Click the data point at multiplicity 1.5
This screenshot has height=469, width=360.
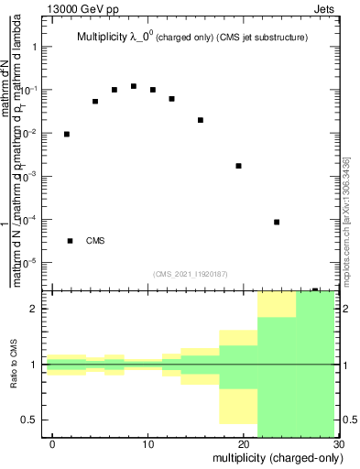[x=67, y=134]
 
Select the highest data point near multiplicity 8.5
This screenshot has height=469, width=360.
[x=134, y=86]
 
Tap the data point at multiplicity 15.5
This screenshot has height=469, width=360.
[x=201, y=120]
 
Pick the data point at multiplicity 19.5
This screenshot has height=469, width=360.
[x=238, y=166]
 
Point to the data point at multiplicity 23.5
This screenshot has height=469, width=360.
[x=277, y=222]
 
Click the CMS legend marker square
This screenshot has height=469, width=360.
[x=71, y=241]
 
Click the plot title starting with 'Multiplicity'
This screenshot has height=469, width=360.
[x=191, y=38]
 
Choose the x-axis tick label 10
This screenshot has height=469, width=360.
[x=147, y=444]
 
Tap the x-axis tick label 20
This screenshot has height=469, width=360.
[x=243, y=444]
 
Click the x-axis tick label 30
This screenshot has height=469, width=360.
[x=337, y=444]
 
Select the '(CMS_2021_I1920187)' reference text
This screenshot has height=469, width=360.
[x=191, y=274]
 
